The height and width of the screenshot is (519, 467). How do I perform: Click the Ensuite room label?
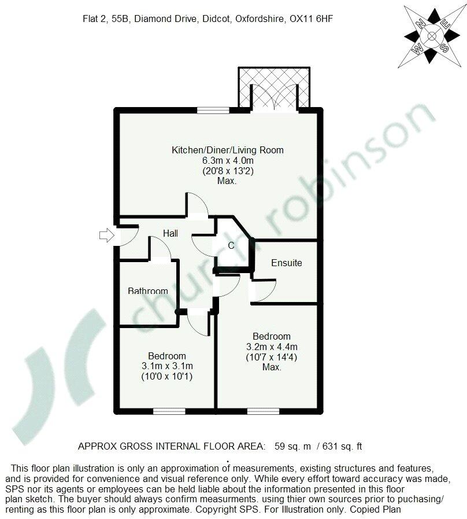[x=287, y=263]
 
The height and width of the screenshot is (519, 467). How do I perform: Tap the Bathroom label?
[x=148, y=291]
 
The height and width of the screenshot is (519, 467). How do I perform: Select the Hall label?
[x=170, y=234]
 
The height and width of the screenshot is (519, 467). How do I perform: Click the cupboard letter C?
[x=231, y=245]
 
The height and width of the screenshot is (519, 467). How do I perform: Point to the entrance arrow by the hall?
[x=107, y=234]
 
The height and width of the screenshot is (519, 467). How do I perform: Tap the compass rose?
[x=431, y=35]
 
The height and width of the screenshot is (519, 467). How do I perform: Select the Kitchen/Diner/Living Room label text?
[x=228, y=150]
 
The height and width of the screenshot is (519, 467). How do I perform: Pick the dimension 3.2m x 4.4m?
[x=271, y=347]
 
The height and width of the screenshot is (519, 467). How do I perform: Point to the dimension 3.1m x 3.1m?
[x=167, y=366]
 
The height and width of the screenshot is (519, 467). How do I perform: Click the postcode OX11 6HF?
[x=313, y=19]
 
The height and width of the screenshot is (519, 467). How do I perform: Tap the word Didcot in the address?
[x=215, y=19]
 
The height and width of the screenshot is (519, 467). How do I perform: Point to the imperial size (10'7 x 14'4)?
[x=271, y=357]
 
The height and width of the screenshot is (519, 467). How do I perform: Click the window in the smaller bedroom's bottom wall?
[x=170, y=411]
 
